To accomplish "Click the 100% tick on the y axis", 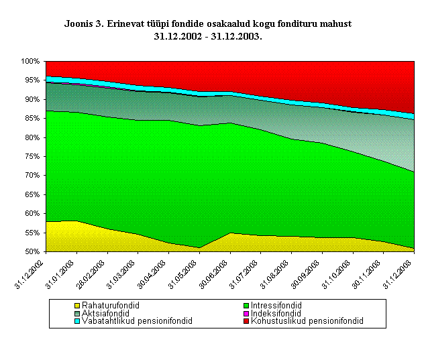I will (30, 62).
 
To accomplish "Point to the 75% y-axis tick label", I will (32, 157).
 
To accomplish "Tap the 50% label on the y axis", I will (32, 252).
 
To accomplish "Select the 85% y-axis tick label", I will (32, 119).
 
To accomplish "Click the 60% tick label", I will (32, 214).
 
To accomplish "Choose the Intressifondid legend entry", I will (280, 305).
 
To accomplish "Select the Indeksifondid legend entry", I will (279, 313).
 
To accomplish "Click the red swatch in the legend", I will (247, 321).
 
